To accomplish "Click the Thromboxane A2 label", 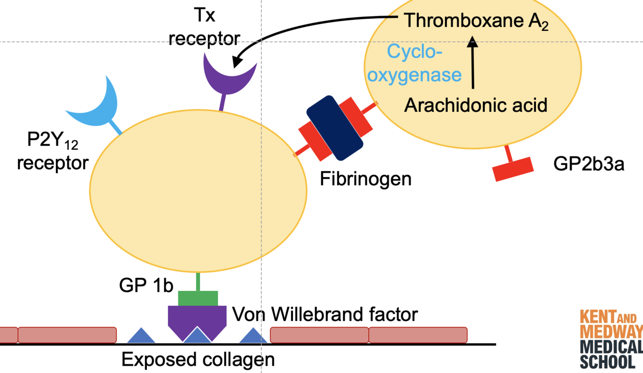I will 476,21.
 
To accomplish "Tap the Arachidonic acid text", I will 476,105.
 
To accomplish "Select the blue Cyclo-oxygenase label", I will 417,63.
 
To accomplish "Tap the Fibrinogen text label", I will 366,179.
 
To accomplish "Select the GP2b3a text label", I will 589,164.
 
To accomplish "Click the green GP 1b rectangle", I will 198,298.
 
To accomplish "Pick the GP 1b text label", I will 146,286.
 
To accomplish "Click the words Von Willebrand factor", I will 325,315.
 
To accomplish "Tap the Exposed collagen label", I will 198,359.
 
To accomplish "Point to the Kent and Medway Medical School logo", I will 611,340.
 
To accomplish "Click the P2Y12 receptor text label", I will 53,152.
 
